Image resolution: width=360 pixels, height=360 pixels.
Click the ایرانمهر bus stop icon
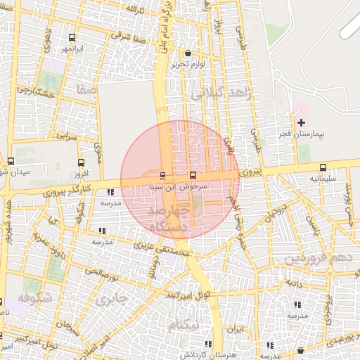[72, 37]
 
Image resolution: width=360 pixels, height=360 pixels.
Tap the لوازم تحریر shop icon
[187, 53]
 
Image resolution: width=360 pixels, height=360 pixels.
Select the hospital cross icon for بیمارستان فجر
[302, 123]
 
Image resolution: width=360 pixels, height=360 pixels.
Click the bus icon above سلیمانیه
[323, 167]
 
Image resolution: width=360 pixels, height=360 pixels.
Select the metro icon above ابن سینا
[163, 175]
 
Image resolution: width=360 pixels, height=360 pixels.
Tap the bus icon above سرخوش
[193, 175]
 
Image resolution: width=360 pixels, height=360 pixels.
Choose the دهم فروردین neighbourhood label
[313, 259]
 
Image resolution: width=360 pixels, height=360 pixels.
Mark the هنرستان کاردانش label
[207, 356]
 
